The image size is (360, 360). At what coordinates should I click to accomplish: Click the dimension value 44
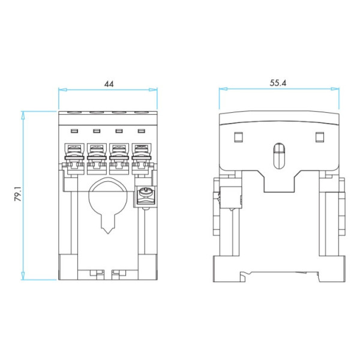coord(109,84)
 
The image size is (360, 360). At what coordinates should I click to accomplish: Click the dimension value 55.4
coord(278,83)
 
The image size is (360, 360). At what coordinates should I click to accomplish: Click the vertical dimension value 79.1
coord(18,194)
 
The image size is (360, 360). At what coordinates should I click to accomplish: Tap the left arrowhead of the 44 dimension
coord(62,89)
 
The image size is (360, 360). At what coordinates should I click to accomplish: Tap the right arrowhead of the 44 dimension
coord(153,89)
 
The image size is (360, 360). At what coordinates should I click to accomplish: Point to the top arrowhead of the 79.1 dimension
coord(23,115)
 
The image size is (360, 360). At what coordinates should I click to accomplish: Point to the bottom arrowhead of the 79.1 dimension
coord(23,275)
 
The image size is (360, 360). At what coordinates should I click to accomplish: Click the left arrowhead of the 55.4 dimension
coord(223,89)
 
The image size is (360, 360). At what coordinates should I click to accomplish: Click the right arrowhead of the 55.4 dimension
coord(335,89)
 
